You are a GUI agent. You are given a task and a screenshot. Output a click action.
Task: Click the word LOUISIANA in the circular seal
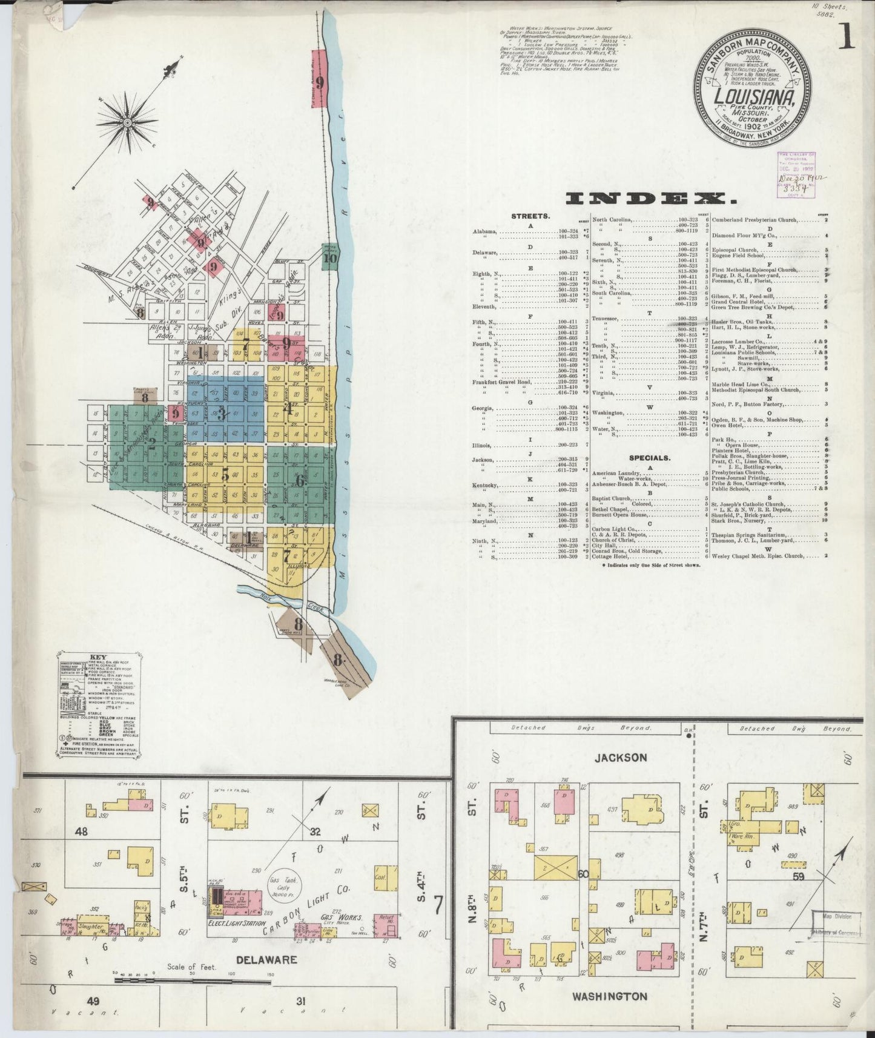(753, 97)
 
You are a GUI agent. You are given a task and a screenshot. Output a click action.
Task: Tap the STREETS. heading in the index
(530, 215)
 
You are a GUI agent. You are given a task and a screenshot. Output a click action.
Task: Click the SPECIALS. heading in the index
(649, 458)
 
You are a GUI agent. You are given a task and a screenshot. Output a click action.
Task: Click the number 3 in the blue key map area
(222, 414)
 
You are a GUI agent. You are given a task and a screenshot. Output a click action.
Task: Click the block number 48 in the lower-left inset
(81, 831)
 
